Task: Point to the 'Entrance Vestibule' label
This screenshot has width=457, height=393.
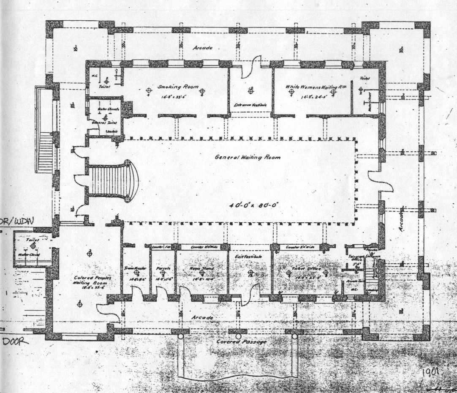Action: pyautogui.click(x=250, y=105)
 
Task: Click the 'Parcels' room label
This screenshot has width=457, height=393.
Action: pyautogui.click(x=163, y=268)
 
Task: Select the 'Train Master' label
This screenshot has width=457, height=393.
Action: pyautogui.click(x=135, y=268)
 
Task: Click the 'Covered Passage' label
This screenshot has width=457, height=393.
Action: pyautogui.click(x=241, y=341)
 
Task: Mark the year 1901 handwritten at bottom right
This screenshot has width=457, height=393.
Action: pyautogui.click(x=430, y=372)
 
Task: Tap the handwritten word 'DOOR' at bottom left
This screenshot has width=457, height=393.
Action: pyautogui.click(x=15, y=342)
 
